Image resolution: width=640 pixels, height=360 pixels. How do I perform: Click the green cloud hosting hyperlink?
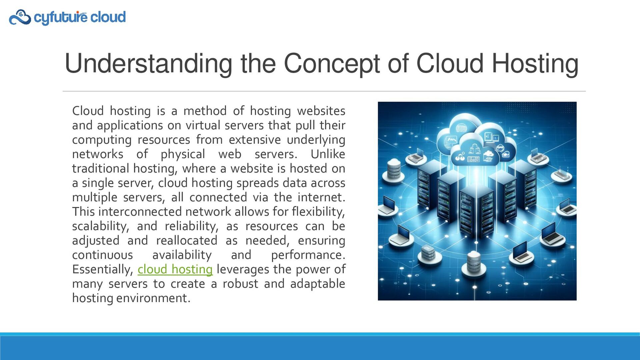click(175, 269)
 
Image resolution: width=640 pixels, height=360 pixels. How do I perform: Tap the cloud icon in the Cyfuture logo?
click(20, 17)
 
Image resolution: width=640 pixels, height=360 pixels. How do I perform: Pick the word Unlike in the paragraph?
click(328, 154)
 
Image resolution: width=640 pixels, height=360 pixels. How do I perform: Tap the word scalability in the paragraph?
click(100, 226)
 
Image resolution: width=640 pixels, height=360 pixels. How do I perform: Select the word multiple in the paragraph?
click(95, 197)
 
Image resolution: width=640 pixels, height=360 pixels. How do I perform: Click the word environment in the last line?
click(153, 298)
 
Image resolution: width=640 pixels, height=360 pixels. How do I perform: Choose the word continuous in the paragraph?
click(102, 255)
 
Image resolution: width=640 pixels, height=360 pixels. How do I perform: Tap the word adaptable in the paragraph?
click(317, 284)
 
